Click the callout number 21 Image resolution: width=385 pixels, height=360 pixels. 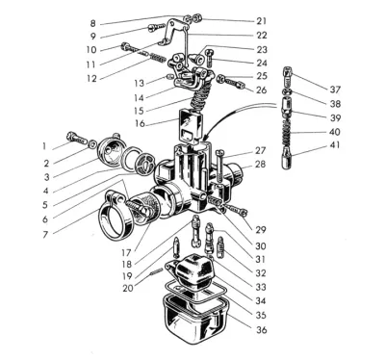[262, 21]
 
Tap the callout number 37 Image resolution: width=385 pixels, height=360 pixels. [335, 90]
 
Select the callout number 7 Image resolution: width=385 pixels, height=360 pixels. [45, 235]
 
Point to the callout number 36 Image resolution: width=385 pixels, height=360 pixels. [262, 329]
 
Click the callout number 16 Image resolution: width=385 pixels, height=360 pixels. [140, 123]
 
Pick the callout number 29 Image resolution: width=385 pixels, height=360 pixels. [261, 230]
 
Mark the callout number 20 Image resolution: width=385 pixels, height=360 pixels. [128, 288]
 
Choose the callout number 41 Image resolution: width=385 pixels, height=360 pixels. [335, 145]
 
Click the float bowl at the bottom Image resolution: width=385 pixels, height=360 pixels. [196, 318]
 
